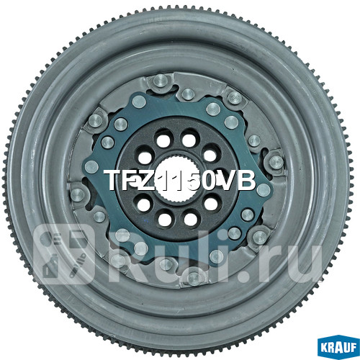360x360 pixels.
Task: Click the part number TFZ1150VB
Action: (x=180, y=181)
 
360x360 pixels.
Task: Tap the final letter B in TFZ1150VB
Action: (x=246, y=181)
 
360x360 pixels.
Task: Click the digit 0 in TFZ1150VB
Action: (x=209, y=181)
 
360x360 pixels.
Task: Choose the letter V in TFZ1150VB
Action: (x=228, y=181)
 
